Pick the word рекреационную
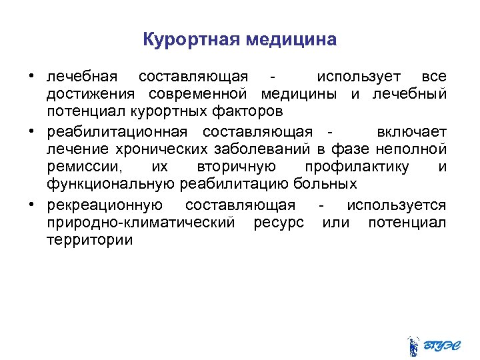105,205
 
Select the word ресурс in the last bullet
279,222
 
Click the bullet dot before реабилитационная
31,131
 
